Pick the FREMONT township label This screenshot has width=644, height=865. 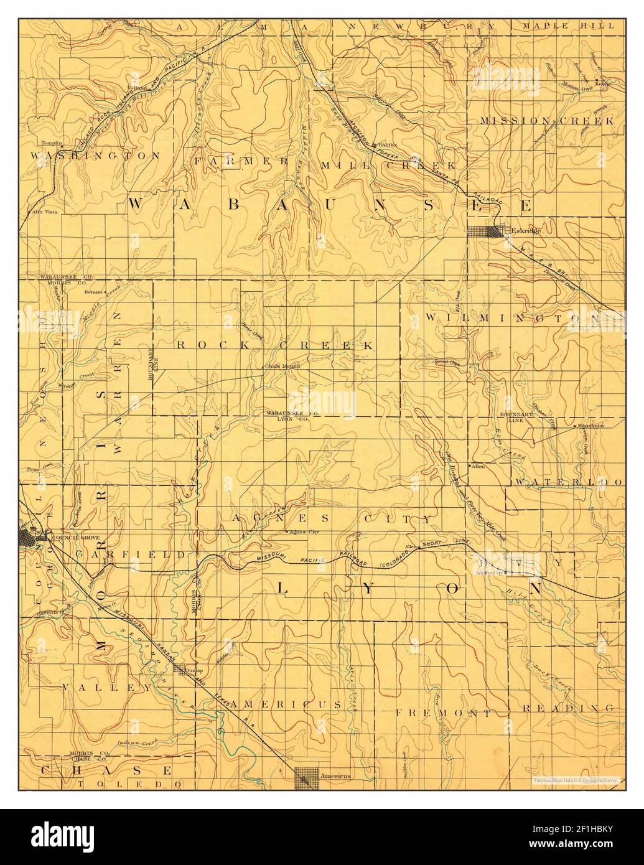click(x=444, y=712)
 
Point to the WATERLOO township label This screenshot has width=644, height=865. click(x=567, y=482)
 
